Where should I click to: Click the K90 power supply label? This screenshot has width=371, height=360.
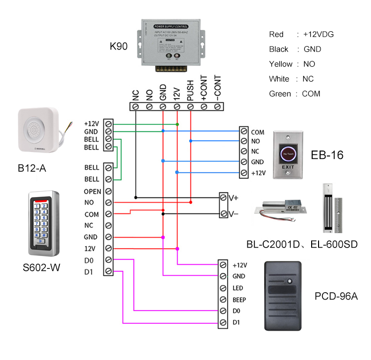119,47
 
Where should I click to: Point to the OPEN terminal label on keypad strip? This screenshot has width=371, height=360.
93,191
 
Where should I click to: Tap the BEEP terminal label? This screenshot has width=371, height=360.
239,300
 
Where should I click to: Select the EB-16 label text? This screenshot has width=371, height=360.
327,155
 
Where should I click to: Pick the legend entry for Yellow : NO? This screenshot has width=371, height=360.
292,64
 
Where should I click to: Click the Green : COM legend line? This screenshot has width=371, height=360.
294,94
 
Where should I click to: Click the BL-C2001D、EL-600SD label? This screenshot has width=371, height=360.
302,244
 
